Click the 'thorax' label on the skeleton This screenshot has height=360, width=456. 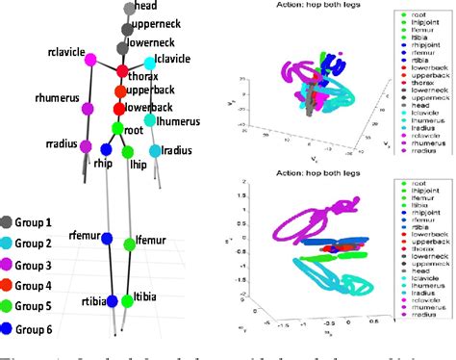tap(147, 75)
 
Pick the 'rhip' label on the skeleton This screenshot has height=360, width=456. tap(103, 164)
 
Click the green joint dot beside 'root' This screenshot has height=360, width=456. tap(116, 128)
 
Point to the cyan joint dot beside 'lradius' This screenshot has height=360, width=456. tap(154, 151)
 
